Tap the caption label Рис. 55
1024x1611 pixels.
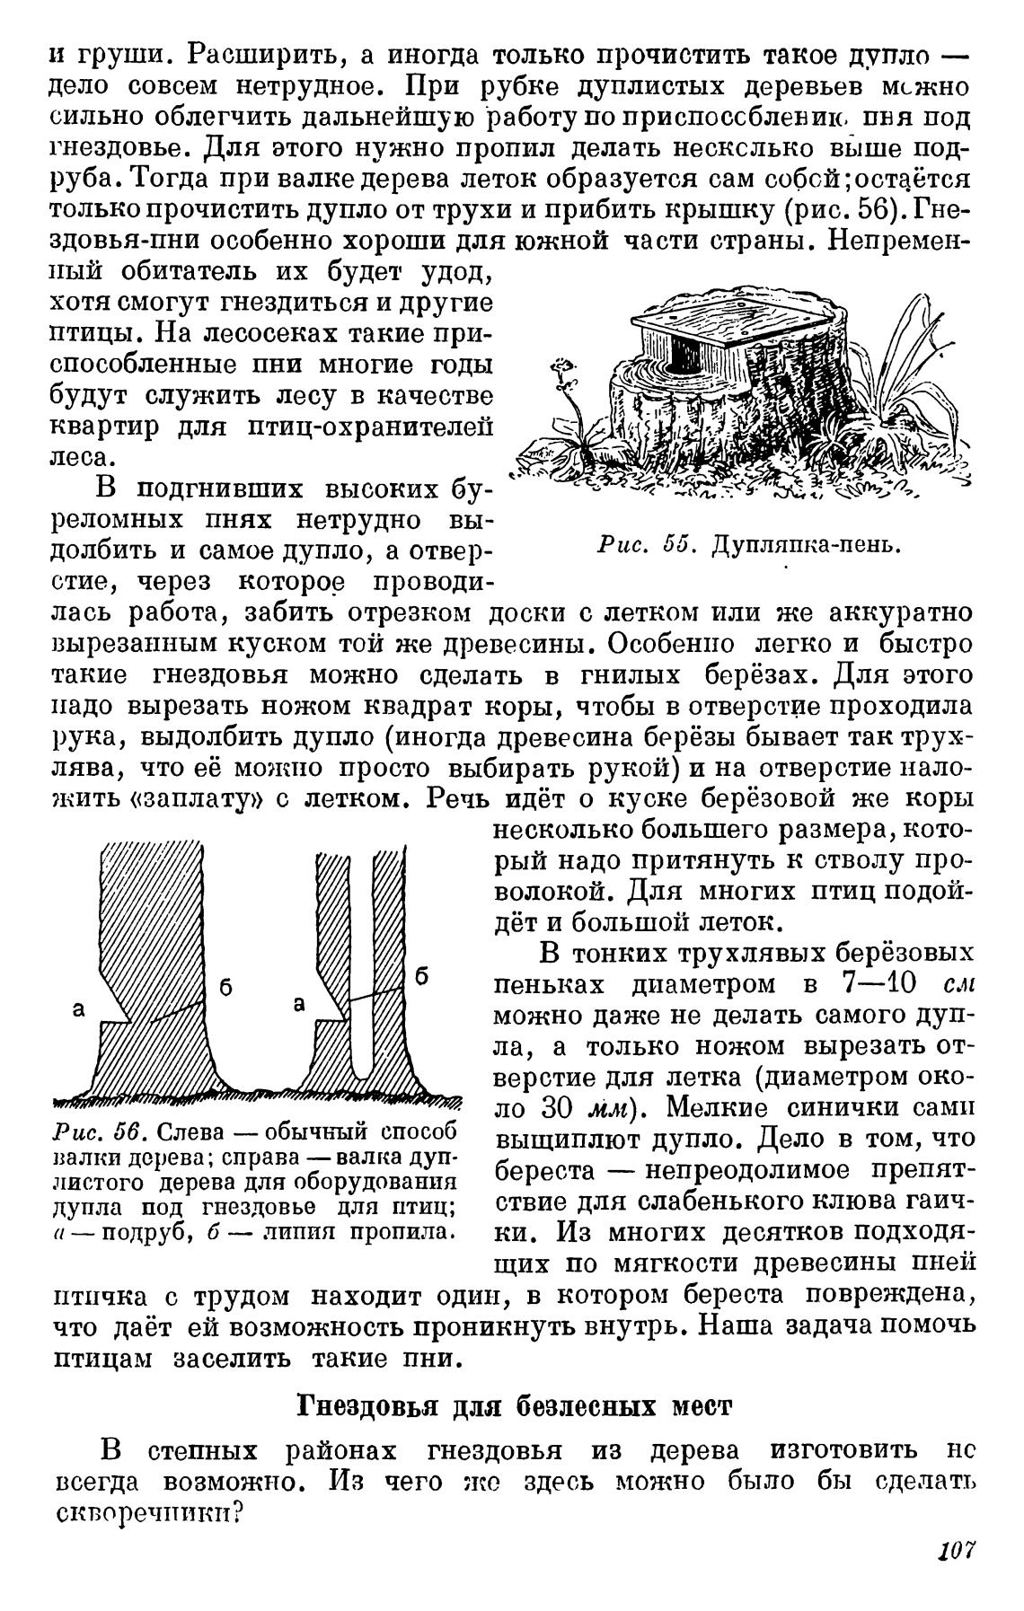click(640, 545)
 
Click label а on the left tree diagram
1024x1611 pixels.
click(79, 1009)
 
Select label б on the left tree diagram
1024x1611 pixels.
click(226, 987)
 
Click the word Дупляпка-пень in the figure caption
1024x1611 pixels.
click(805, 545)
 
